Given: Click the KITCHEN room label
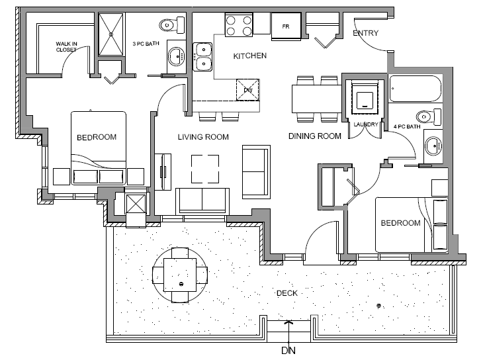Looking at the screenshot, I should (x=250, y=56).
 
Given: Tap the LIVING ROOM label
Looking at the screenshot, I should (x=202, y=137).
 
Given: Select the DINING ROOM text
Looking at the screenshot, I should (x=315, y=136).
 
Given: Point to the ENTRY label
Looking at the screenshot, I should (x=365, y=33).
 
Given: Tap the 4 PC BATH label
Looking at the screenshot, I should (x=406, y=126).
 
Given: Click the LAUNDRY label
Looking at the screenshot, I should (x=365, y=124).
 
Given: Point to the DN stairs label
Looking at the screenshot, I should (x=288, y=349).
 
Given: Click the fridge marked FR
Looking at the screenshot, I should (x=286, y=26).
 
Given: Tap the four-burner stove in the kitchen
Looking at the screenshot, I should (x=239, y=25).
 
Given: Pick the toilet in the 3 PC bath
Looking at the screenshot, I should (x=168, y=25).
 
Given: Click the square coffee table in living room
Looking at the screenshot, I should (x=205, y=168).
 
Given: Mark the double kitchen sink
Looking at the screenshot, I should (x=203, y=56).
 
